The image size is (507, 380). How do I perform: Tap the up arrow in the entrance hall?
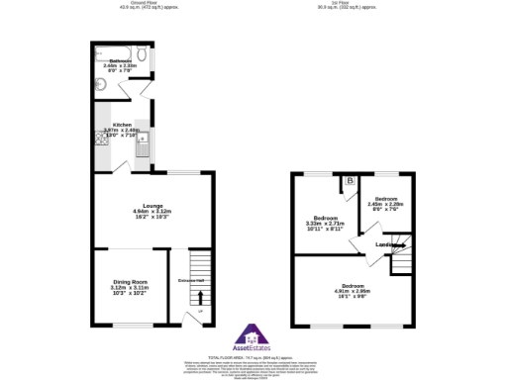(x=201, y=296)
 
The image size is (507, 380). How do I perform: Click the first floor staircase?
(x=400, y=262)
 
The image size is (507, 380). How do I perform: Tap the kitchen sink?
(x=142, y=147)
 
